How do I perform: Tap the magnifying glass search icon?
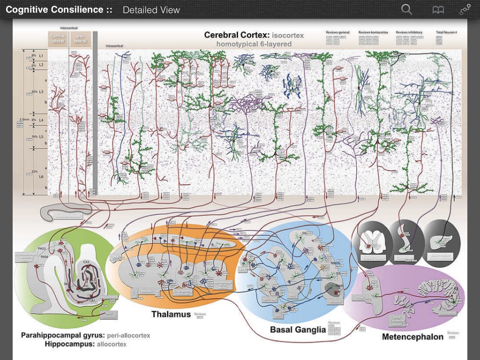tap(407, 9)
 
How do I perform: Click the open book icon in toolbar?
tap(437, 9)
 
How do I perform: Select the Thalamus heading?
tap(171, 314)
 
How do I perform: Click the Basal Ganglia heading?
tap(298, 330)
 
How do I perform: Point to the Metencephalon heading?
tap(412, 337)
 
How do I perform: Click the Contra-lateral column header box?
tap(58, 38)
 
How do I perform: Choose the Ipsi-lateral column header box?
tap(80, 38)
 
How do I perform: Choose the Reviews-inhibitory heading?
tap(409, 32)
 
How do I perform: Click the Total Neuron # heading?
tap(446, 32)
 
